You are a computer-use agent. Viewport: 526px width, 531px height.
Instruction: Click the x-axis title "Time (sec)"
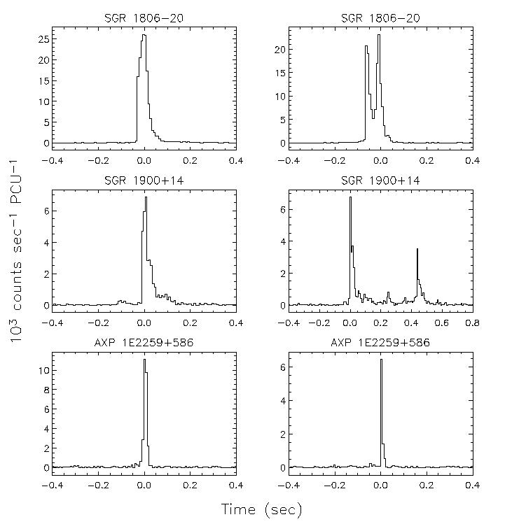coord(261,510)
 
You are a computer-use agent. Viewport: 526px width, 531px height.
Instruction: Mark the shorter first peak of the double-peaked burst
coord(366,47)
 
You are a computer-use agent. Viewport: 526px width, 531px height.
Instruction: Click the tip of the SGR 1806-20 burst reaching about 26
coord(144,35)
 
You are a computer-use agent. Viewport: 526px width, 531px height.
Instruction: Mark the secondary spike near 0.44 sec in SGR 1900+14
coord(417,249)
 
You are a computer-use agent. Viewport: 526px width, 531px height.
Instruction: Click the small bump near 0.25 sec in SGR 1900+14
coord(388,294)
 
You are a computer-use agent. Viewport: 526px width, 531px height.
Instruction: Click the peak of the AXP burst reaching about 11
coord(144,360)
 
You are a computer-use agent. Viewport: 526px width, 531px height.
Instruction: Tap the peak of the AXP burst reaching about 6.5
coord(381,360)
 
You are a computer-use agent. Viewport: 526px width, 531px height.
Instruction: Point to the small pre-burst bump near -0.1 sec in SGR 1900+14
coord(120,301)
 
